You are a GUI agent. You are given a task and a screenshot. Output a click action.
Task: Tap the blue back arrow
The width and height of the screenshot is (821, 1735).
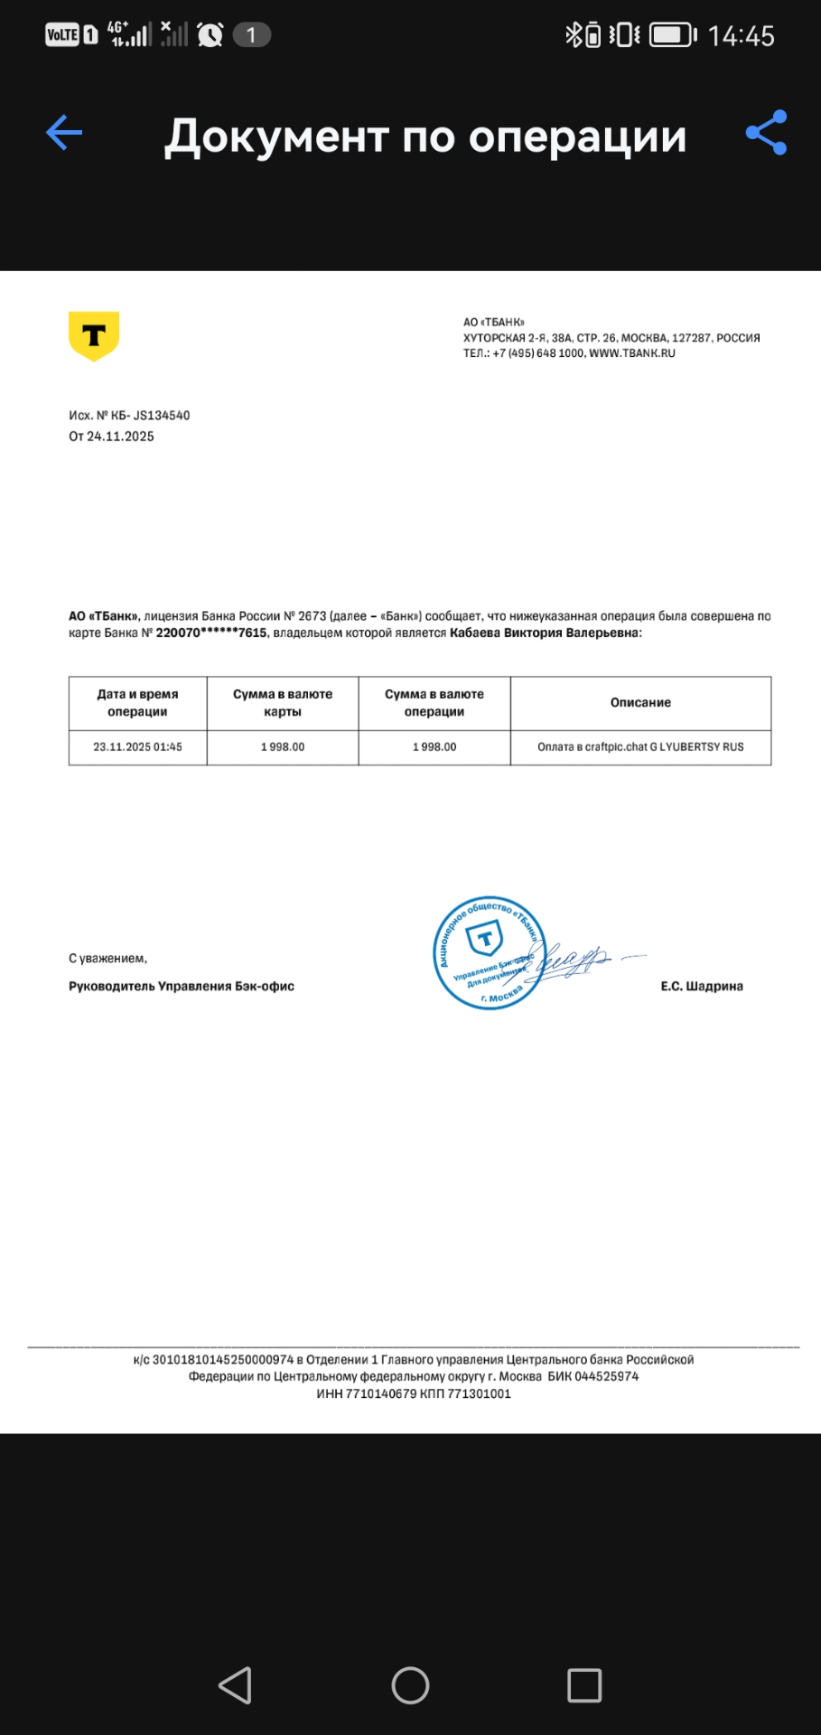(64, 133)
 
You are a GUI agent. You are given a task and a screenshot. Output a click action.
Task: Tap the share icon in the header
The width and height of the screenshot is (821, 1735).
(766, 133)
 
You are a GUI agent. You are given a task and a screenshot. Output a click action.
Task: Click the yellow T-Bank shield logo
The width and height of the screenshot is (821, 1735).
(94, 335)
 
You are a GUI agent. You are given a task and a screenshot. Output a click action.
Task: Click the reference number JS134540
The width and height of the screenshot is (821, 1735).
(162, 416)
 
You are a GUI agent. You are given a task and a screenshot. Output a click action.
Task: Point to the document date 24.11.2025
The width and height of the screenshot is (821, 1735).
(120, 436)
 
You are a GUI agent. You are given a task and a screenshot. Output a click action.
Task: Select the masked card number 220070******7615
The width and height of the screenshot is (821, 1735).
(211, 633)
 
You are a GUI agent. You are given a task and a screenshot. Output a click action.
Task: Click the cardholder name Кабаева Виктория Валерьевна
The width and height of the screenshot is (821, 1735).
(544, 633)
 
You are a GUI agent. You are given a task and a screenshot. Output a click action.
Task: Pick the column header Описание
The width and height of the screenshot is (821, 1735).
(640, 702)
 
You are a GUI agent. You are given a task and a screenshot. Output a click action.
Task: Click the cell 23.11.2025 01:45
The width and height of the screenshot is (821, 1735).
(137, 747)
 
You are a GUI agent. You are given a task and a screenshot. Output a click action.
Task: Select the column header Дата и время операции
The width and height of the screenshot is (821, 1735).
(137, 702)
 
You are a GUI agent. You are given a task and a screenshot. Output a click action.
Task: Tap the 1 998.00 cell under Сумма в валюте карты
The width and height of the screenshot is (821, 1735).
(283, 747)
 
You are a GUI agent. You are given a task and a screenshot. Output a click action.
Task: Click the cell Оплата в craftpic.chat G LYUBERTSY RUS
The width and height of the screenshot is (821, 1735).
(640, 747)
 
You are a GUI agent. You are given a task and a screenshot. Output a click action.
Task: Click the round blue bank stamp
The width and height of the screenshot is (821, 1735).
(489, 953)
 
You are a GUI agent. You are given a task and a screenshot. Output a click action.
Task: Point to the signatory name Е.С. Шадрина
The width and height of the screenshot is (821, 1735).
(702, 986)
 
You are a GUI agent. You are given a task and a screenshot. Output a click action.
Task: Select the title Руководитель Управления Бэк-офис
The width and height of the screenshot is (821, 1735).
(182, 986)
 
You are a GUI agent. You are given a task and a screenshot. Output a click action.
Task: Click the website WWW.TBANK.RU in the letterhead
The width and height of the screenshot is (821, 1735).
(632, 353)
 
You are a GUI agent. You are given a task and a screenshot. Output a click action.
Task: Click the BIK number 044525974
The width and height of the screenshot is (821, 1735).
(606, 1376)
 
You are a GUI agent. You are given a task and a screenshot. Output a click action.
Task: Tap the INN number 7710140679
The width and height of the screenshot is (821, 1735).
(381, 1393)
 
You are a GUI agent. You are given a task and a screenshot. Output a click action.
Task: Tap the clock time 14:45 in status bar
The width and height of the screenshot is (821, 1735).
(741, 36)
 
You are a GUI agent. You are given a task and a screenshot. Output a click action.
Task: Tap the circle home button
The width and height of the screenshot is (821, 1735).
(410, 1685)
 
